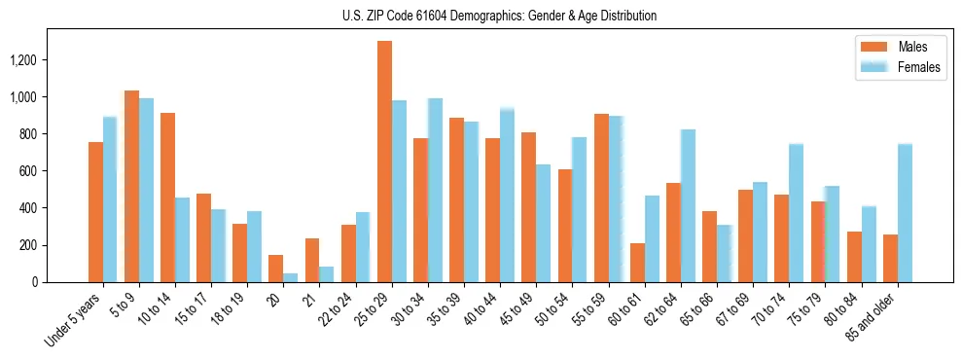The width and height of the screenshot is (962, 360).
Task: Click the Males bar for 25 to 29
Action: [x=384, y=162]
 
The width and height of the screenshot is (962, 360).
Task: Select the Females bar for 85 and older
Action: [x=905, y=213]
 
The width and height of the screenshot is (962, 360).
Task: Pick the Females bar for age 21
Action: [x=327, y=274]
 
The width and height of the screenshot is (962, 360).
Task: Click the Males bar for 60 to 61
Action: [x=637, y=263]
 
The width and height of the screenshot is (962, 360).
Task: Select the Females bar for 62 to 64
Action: [x=688, y=205]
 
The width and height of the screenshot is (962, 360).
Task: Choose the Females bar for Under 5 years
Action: [x=110, y=199]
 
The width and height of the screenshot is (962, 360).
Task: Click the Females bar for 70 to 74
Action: [x=796, y=213]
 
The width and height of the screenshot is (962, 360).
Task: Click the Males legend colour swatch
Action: [x=873, y=47]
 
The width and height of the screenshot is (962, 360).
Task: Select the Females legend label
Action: [x=919, y=67]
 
